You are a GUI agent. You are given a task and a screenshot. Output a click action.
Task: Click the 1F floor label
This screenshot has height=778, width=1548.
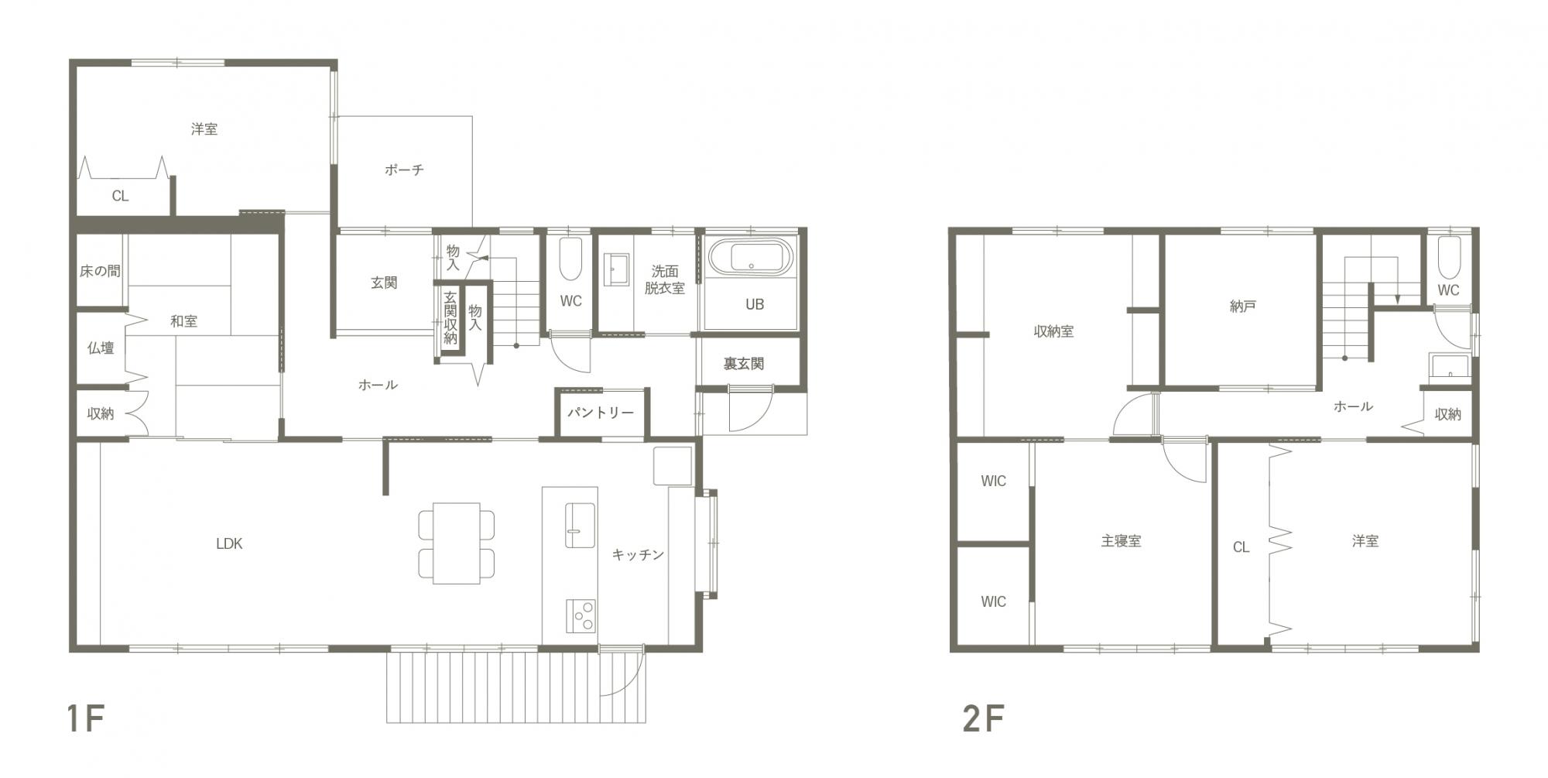[x=85, y=719]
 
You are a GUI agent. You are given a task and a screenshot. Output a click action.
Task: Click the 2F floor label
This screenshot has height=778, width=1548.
[x=984, y=719]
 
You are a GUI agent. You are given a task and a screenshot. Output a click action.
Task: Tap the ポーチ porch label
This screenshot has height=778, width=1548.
[x=404, y=170]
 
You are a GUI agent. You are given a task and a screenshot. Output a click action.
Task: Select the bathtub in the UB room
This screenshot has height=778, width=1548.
[x=752, y=256]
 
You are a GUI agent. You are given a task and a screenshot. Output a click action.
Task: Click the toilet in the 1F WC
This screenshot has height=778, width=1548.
[x=570, y=259]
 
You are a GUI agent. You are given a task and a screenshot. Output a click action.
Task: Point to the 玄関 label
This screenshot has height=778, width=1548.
[x=384, y=283]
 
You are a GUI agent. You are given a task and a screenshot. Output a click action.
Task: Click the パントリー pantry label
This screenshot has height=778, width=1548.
[x=601, y=413]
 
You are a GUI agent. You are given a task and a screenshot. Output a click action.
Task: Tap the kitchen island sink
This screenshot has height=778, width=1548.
[x=580, y=525]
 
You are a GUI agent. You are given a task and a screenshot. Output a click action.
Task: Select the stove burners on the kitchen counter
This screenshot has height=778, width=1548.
[x=580, y=616]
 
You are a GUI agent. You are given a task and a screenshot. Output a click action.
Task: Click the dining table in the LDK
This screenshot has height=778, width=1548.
[x=457, y=543]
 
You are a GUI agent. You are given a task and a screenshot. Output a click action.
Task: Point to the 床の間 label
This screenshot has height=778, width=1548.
[x=100, y=271]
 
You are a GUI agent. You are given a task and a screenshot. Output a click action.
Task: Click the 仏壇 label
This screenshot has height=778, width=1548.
[x=101, y=348]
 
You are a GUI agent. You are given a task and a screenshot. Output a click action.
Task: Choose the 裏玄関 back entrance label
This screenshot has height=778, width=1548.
[x=744, y=364]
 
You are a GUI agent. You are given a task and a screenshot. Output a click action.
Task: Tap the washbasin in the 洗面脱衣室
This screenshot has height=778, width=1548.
[x=616, y=269]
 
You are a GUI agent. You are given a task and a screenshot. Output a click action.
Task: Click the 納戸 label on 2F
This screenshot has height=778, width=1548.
[x=1242, y=307]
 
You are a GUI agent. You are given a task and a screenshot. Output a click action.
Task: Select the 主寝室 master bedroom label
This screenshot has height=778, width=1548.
[x=1121, y=541]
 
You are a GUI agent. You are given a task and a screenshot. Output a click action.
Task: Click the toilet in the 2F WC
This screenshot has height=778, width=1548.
[x=1448, y=258]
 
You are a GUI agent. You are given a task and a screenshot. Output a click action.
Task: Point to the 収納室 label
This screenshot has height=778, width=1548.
[x=1053, y=331]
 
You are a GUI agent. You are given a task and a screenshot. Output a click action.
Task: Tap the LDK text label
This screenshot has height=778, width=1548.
[x=229, y=543]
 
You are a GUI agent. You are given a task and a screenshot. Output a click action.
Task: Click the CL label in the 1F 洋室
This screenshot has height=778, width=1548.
[x=120, y=196]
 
